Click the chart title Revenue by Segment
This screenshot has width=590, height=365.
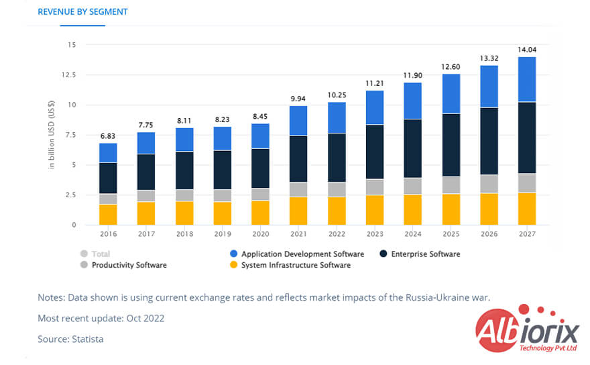coord(82,11)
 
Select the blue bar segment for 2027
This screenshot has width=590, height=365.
coord(526,79)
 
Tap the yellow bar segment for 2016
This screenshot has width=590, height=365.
coord(108,214)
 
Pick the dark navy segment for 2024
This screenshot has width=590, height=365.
coord(412,148)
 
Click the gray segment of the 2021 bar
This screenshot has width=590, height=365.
coord(298,189)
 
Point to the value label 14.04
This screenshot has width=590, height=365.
coord(526,50)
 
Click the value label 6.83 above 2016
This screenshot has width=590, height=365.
coord(108,136)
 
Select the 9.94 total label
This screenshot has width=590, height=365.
coord(298,99)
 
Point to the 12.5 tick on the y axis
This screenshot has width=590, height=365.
coord(68,75)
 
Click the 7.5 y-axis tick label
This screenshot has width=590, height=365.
coord(70,135)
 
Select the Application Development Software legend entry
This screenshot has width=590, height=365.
coord(302,254)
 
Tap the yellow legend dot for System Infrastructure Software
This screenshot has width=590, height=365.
coord(233,265)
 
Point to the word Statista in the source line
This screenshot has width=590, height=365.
coord(88,340)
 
